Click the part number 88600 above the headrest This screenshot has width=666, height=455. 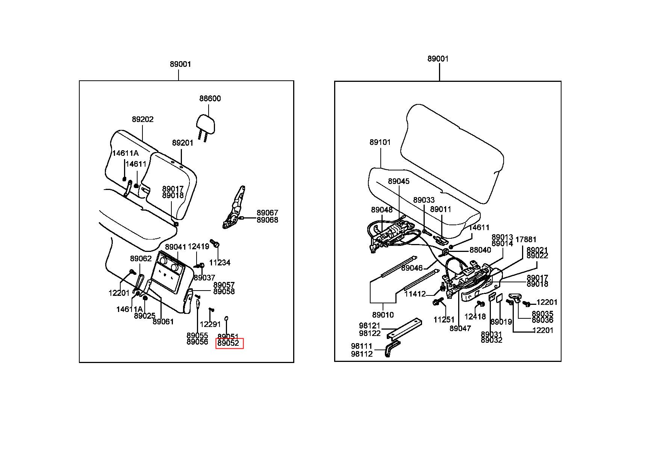pyautogui.click(x=210, y=98)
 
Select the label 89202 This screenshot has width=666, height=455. pyautogui.click(x=142, y=119)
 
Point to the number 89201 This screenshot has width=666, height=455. pyautogui.click(x=183, y=143)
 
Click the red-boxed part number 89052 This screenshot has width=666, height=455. pyautogui.click(x=229, y=343)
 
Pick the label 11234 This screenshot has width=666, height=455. pyautogui.click(x=220, y=262)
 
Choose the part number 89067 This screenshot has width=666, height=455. pyautogui.click(x=268, y=213)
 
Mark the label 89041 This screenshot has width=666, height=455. pyautogui.click(x=176, y=247)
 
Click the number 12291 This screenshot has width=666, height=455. pyautogui.click(x=210, y=324)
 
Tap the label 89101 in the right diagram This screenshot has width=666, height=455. pyautogui.click(x=380, y=142)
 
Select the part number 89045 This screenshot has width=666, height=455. pyautogui.click(x=399, y=181)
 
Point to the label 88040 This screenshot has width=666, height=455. pyautogui.click(x=480, y=250)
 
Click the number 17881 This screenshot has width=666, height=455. pyautogui.click(x=526, y=240)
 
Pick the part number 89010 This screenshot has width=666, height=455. pyautogui.click(x=383, y=315)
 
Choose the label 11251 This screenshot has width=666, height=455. pyautogui.click(x=444, y=320)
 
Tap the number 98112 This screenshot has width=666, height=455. pyautogui.click(x=362, y=354)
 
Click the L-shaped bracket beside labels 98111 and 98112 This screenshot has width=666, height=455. pyautogui.click(x=391, y=349)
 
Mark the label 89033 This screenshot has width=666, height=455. pyautogui.click(x=424, y=200)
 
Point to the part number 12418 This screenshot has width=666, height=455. pyautogui.click(x=475, y=317)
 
